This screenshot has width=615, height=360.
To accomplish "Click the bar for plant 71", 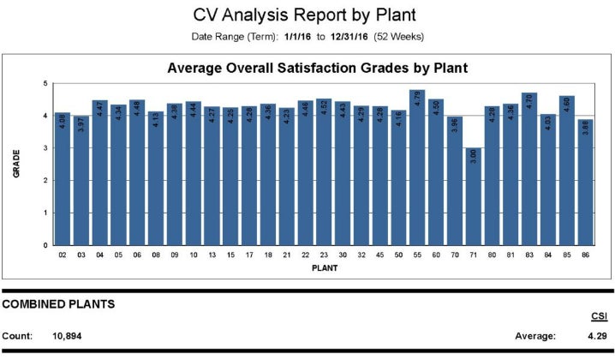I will tap(474, 196).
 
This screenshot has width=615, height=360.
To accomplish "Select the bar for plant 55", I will tap(417, 167).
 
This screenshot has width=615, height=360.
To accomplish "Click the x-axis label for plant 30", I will tap(343, 255).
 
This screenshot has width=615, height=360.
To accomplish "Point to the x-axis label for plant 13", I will tap(212, 255).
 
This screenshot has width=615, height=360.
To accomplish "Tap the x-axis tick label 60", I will tap(436, 255).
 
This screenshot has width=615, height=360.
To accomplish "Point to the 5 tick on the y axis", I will tap(45, 83).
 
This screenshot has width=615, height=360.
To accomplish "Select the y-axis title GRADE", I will tap(16, 164).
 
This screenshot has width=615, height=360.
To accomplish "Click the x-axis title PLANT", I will tap(324, 267).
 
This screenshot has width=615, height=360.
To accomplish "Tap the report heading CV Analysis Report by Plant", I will tap(307, 15).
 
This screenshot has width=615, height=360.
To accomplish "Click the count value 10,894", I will tap(75, 336).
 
